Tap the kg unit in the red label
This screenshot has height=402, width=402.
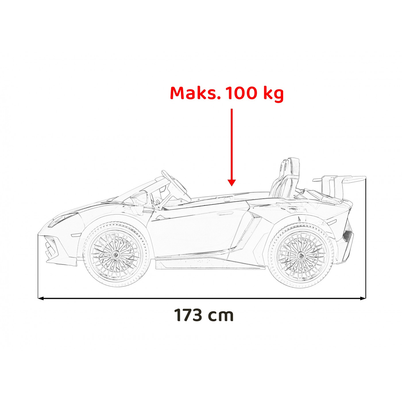[x=273, y=94]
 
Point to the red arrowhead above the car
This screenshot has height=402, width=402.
[x=232, y=183]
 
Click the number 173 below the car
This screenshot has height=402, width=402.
[x=188, y=315]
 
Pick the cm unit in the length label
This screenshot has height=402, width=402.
[x=221, y=316]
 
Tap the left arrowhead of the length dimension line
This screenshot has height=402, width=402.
[x=40, y=298]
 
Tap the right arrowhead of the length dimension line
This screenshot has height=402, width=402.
[x=363, y=298]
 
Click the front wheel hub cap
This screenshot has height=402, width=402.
[x=116, y=254]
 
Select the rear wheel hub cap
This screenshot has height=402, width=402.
[x=301, y=255]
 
